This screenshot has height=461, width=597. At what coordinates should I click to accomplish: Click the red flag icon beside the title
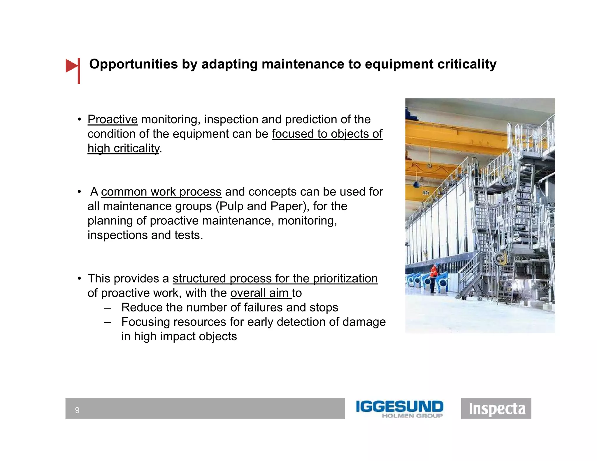pos(72,66)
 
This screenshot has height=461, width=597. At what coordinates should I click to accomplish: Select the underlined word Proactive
pos(113,119)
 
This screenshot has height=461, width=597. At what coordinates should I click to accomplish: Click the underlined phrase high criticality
pos(124,149)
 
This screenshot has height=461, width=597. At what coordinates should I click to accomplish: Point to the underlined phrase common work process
pos(161,192)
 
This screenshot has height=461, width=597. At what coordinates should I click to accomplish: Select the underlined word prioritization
pos(345,279)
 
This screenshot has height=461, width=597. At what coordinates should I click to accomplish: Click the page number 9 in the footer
pos(77,410)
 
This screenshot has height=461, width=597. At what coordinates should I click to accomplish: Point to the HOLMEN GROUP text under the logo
pos(412,416)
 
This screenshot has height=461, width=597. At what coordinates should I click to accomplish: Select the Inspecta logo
pos(496,409)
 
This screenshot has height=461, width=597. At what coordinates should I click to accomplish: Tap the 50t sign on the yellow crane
pos(426,193)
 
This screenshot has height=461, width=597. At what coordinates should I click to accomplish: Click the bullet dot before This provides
pos(79,279)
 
